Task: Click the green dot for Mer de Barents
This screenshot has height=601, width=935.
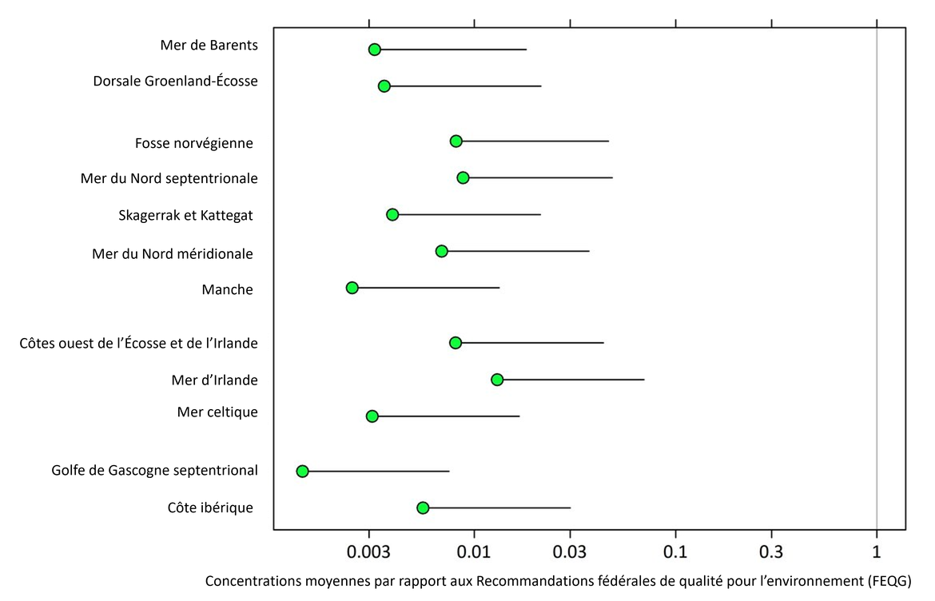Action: (374, 50)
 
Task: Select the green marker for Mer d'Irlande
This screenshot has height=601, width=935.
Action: (497, 380)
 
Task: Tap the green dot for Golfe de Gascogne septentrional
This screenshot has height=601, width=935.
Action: (302, 472)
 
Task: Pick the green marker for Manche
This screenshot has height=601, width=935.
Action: (352, 288)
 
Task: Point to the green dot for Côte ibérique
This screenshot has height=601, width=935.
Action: (423, 508)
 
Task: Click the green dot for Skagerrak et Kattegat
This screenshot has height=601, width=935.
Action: (392, 214)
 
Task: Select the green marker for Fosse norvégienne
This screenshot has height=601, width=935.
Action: (456, 141)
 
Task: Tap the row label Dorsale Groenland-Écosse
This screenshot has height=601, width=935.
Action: (175, 82)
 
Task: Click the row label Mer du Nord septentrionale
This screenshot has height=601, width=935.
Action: (169, 178)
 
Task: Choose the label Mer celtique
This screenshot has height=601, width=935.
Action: (217, 412)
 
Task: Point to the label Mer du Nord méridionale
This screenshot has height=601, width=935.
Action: (173, 254)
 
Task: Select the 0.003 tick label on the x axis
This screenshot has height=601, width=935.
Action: (369, 552)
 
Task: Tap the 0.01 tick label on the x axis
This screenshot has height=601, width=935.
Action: (474, 552)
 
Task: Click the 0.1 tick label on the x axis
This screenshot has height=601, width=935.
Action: (675, 552)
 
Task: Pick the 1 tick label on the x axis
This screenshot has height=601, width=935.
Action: (877, 552)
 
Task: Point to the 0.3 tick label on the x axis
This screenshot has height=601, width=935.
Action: (771, 552)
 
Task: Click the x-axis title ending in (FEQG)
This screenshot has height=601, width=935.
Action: (558, 581)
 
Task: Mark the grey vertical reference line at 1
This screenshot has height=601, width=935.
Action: (877, 280)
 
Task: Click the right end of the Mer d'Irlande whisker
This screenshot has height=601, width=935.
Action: (643, 380)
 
